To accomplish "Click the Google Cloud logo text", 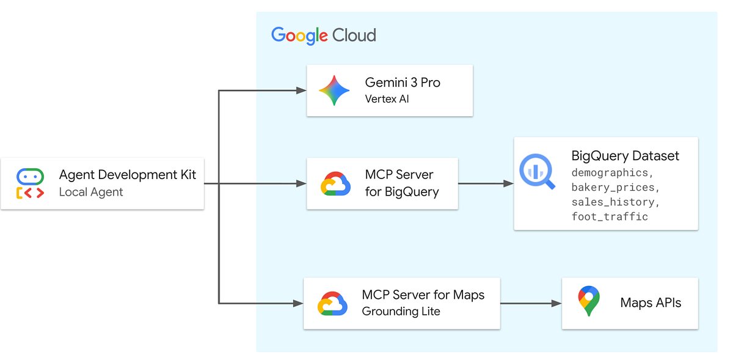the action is coord(324,35).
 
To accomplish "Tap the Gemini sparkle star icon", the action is coord(334,90).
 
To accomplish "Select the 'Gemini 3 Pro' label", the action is coord(403,83).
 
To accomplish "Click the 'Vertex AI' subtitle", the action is coord(387,98).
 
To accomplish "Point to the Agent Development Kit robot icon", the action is coord(30,183).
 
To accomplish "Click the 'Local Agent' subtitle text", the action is coord(91,192).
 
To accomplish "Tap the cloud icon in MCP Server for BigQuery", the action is coord(335,184).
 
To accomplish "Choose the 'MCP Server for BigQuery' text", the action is coord(402,183).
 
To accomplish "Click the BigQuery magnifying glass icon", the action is coord(537,171).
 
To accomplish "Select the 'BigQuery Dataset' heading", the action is coord(625,156).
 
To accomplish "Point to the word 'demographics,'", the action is coord(612,172).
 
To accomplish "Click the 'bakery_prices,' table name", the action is coord(615,188).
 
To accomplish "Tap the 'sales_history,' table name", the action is coord(615,202).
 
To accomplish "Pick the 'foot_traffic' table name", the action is coord(610,217).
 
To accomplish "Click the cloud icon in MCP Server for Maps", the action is coord(332,304).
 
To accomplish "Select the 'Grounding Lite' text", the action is coord(401,311).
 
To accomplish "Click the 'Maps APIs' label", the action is coord(651,303).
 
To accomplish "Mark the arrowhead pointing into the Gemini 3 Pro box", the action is coord(301,90).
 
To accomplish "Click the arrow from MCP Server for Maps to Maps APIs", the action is coord(531,304).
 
